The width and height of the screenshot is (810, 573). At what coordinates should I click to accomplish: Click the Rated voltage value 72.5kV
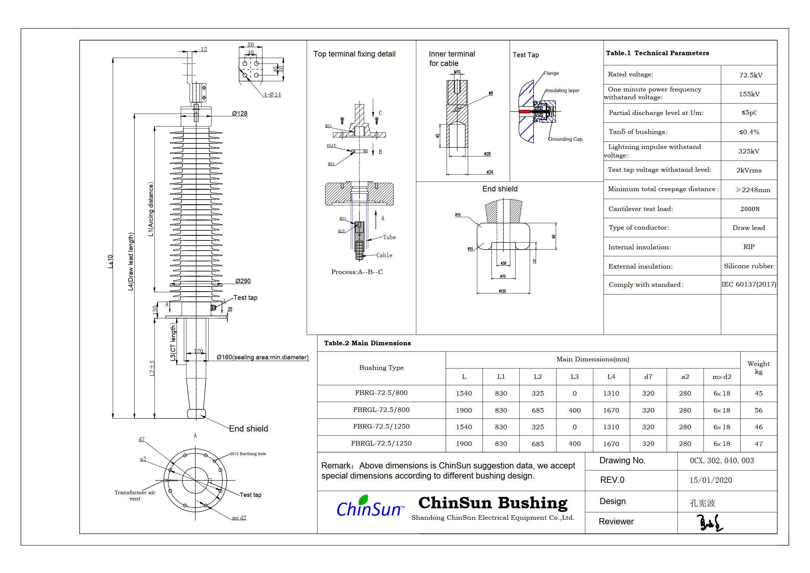[750, 75]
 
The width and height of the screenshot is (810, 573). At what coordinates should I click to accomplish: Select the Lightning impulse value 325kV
[749, 152]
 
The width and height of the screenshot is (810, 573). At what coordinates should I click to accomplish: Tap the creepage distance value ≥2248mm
[753, 190]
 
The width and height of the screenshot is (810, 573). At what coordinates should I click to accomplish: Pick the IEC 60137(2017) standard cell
[749, 285]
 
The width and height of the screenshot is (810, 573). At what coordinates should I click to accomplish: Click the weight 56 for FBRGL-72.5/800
[758, 410]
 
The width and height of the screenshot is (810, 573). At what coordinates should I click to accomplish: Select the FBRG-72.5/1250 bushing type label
[381, 427]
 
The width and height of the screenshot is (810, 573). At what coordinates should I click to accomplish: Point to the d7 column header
[648, 377]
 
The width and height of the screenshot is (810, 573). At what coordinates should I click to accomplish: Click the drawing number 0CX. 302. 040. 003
[722, 461]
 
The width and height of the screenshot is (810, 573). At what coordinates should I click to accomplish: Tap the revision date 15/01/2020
[710, 480]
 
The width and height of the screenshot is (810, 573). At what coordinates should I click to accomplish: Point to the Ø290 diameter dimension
[243, 281]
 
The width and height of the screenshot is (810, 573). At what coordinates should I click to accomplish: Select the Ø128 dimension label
[240, 114]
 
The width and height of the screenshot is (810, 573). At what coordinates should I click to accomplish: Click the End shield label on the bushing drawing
[248, 429]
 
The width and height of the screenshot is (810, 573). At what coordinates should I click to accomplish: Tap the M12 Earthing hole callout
[248, 454]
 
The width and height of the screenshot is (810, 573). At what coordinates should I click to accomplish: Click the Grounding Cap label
[565, 139]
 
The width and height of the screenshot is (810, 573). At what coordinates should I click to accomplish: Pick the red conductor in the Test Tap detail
[524, 112]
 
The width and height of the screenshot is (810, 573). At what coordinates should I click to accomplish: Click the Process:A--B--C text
[357, 272]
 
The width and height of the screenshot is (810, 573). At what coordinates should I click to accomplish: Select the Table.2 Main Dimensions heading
[367, 343]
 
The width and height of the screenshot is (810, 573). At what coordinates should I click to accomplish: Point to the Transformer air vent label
[135, 496]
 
